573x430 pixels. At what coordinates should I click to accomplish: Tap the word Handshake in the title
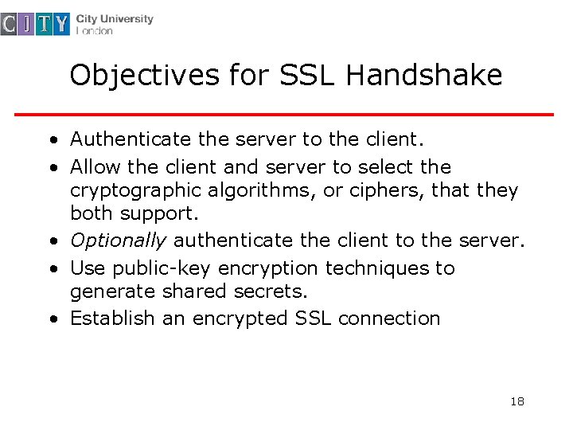(424, 76)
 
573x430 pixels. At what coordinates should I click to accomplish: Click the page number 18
(517, 401)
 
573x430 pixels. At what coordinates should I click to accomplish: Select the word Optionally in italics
(119, 240)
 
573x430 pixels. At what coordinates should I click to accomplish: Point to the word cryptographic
(136, 191)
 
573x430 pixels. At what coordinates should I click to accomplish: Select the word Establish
(112, 319)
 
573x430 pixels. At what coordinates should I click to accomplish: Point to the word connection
(389, 319)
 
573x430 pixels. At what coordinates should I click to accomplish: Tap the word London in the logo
(95, 31)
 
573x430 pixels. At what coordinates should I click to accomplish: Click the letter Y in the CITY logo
(61, 25)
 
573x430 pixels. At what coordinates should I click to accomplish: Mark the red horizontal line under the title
(285, 115)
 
